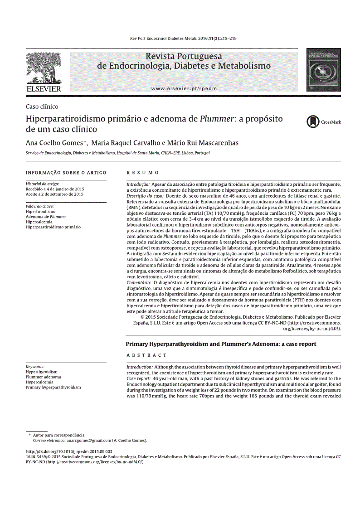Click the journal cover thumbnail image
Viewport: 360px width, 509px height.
pos(323,71)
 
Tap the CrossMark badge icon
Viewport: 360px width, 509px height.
pos(312,121)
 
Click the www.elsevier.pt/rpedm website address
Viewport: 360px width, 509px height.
pos(184,89)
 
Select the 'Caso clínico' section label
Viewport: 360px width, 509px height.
pos(42,107)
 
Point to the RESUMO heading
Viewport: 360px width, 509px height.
pos(142,173)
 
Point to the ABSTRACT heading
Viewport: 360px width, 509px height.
pos(146,355)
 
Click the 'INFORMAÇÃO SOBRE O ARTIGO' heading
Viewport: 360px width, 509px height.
pos(66,173)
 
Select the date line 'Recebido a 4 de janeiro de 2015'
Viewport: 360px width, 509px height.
pos(55,189)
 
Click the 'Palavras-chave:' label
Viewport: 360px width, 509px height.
pos(39,206)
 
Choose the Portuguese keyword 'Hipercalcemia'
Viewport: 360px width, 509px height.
pos(39,222)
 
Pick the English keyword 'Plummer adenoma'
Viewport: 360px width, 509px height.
pos(43,377)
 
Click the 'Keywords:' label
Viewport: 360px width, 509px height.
pos(35,366)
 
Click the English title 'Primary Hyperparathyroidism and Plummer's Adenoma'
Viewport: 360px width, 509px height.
pos(221,344)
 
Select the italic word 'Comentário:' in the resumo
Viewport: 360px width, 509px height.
pos(139,282)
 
